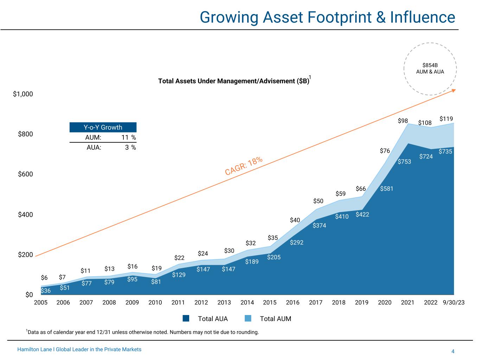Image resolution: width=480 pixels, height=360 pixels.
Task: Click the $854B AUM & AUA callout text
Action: pos(430,68)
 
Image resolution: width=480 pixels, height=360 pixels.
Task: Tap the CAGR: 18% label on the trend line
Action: pos(244,166)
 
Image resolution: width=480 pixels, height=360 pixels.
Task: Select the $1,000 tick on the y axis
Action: pos(23,94)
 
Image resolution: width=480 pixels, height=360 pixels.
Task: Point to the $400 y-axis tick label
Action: pos(25,214)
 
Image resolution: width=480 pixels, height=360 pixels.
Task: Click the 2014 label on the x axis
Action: pos(247,302)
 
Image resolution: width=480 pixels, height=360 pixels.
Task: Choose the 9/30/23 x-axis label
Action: pos(454,302)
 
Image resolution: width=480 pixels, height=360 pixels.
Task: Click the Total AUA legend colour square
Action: pos(186,319)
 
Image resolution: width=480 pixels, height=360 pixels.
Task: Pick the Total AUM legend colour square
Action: pos(248,319)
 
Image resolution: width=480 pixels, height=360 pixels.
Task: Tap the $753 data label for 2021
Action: pos(404,162)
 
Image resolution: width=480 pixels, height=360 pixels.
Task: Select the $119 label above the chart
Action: pos(446,119)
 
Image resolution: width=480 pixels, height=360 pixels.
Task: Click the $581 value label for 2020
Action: pos(386,189)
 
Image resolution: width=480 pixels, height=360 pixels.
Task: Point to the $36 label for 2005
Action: pos(46,291)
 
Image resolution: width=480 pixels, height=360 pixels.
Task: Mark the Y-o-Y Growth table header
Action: pos(103,127)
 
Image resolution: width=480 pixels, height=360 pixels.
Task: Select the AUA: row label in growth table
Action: pos(94,148)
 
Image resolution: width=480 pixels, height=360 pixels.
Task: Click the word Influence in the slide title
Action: pos(422,17)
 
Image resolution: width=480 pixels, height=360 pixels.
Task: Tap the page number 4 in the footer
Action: pos(453,351)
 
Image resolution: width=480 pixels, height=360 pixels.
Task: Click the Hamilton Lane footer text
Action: pos(79,349)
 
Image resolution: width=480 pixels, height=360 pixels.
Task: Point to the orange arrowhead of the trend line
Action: pos(454,90)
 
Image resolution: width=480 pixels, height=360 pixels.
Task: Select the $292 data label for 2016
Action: pos(296,243)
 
